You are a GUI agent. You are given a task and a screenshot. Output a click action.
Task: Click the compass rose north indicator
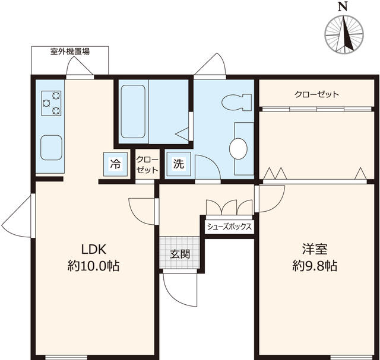(x=344, y=34)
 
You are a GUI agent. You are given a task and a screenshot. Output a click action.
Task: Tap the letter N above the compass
(x=343, y=7)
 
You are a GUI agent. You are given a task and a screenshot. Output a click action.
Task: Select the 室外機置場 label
(x=70, y=52)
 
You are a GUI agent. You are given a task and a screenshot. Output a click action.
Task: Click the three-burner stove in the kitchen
(x=51, y=103)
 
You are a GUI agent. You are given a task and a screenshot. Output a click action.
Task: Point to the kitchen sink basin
(x=51, y=148)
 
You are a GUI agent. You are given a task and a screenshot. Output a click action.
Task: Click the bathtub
(x=133, y=111)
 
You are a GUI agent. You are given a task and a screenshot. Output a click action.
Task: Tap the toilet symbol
(x=236, y=102)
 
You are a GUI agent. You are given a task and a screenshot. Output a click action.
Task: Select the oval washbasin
(x=238, y=149)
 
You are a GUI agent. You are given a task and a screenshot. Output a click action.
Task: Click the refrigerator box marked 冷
(x=115, y=164)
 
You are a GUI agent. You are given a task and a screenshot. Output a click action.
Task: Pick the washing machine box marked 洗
(x=179, y=164)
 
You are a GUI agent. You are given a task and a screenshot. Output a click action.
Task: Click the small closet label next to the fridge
(x=147, y=165)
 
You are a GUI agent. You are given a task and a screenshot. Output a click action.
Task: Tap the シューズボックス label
(x=229, y=227)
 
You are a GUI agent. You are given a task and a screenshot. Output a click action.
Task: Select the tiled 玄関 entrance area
(x=179, y=252)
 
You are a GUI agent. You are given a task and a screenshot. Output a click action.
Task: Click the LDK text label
(x=94, y=249)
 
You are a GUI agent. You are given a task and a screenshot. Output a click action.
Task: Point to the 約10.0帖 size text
(x=94, y=266)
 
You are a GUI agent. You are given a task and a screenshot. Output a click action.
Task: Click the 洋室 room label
(x=315, y=249)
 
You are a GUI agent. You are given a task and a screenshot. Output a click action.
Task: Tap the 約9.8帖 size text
(x=315, y=266)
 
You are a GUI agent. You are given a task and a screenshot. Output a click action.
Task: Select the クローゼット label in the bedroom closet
(x=316, y=94)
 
